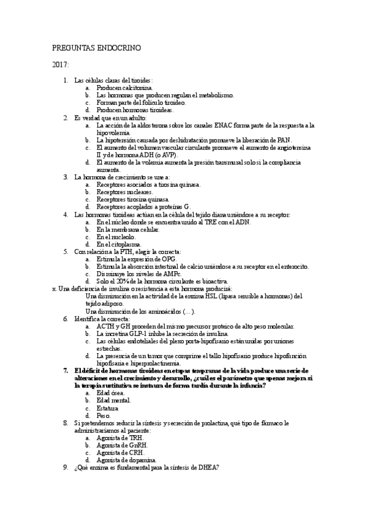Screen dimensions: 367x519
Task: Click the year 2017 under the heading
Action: tap(61, 64)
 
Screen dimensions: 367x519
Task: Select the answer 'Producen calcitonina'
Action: tap(122, 88)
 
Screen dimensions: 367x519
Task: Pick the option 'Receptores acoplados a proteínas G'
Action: tap(144, 207)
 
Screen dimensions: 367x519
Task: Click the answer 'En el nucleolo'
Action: tap(117, 237)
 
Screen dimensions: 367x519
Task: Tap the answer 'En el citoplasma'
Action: tap(119, 244)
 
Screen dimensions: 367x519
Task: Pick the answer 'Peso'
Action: tap(104, 414)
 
